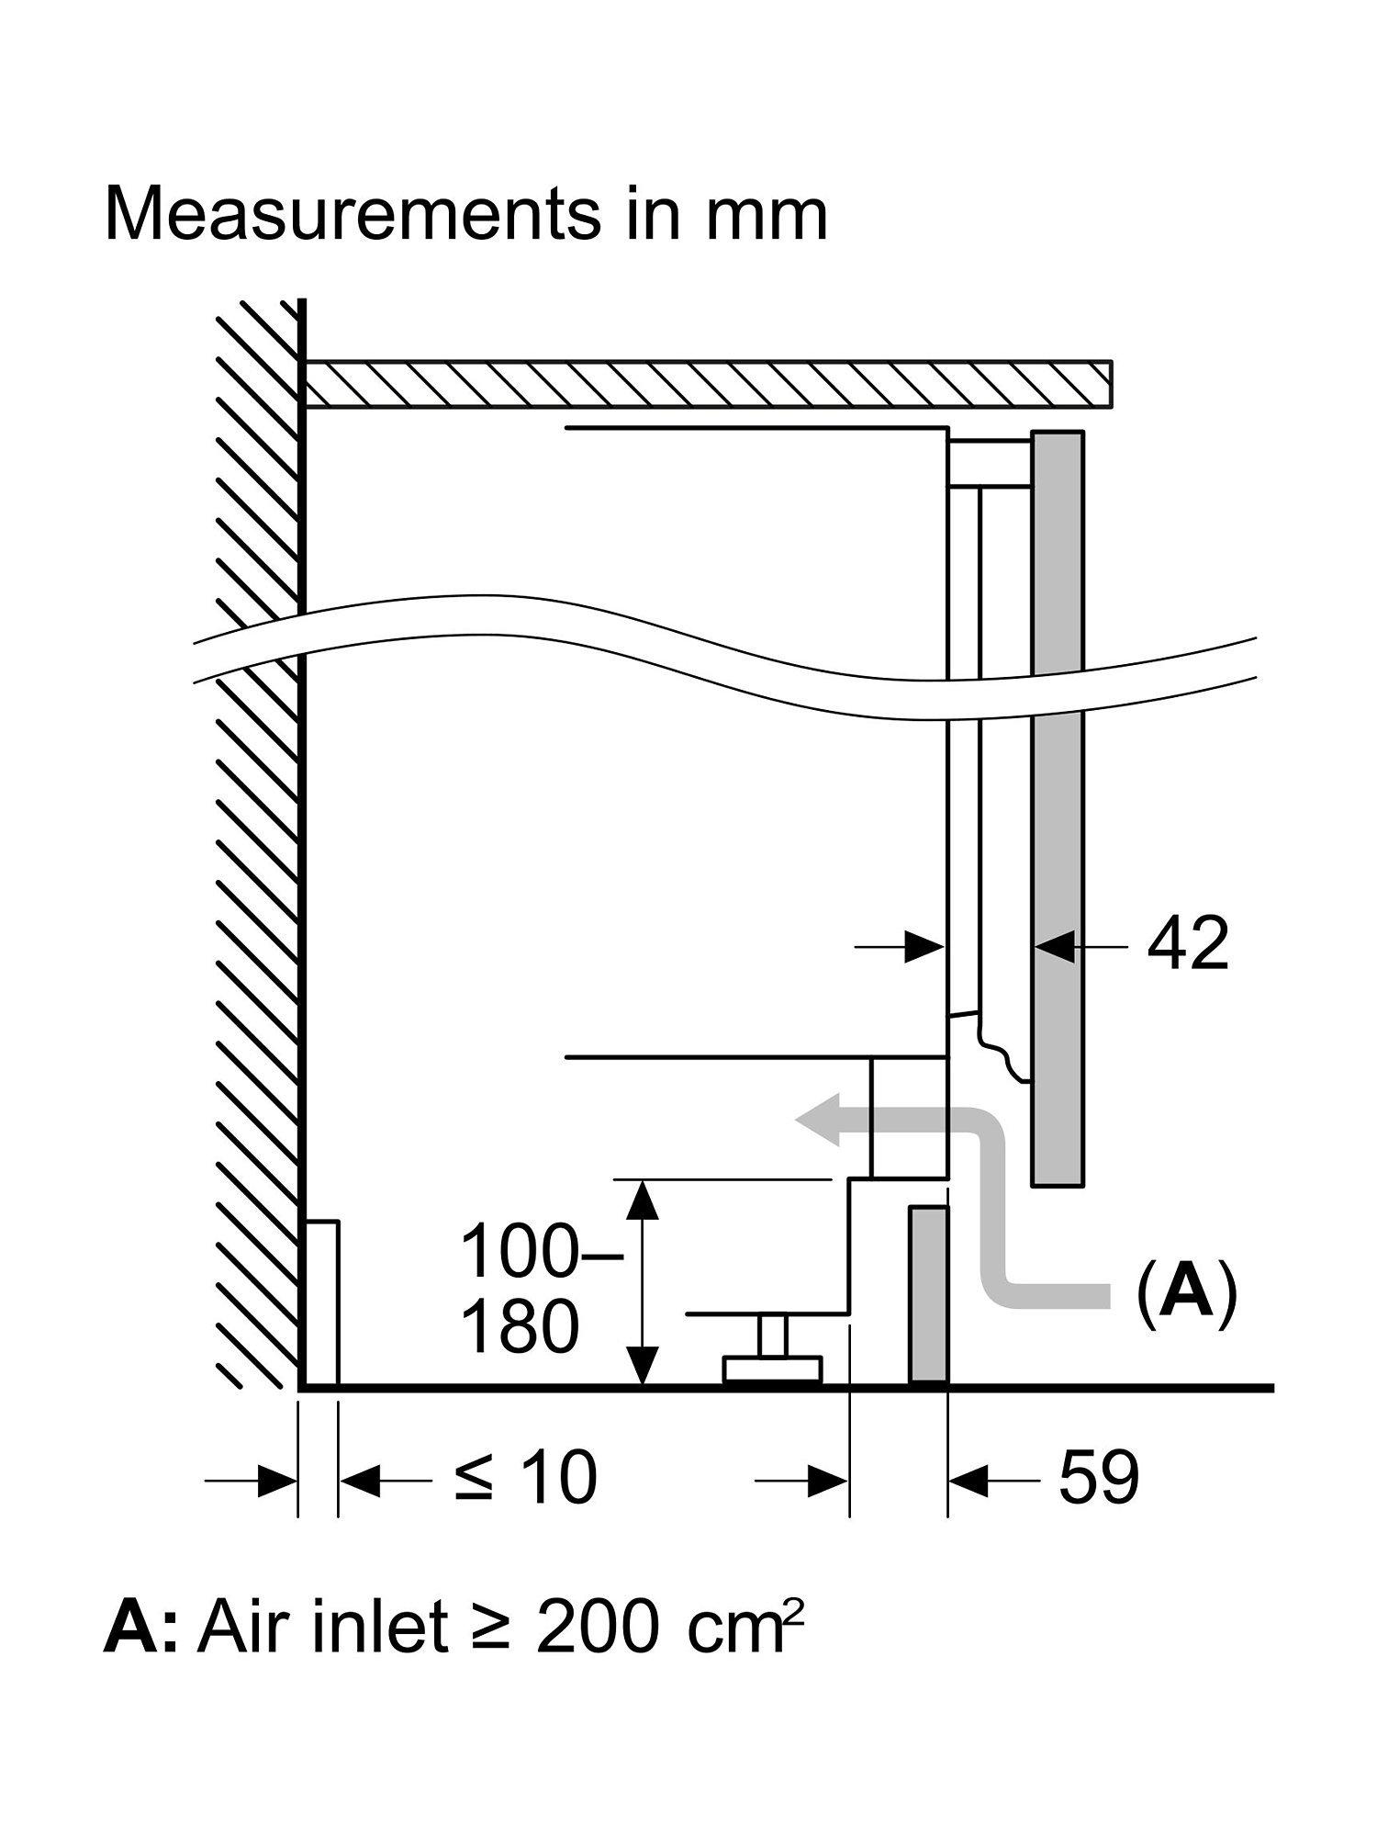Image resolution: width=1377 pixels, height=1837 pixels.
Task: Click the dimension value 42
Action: pos(1187,944)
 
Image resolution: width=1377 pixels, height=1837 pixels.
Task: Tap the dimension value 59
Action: pos(1099,1478)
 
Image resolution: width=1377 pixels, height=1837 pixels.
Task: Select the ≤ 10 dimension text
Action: pos(526,1478)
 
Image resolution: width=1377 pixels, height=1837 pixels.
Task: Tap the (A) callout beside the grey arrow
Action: pos(1186,1292)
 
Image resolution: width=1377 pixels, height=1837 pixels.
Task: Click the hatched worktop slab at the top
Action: pos(707,383)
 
